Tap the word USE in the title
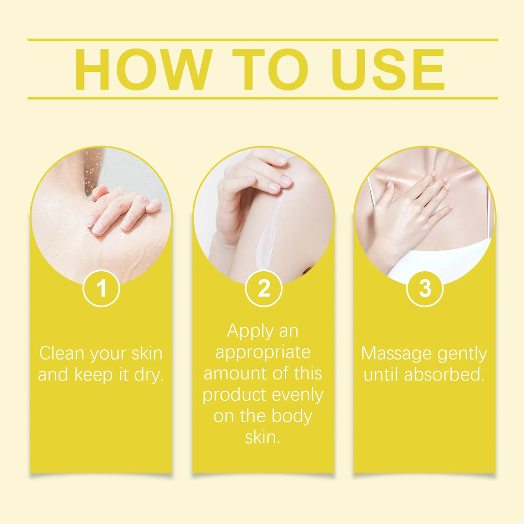click(388, 69)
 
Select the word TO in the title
click(270, 69)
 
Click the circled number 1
click(101, 288)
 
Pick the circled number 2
click(263, 288)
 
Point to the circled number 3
click(425, 288)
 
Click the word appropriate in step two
click(263, 353)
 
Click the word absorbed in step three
click(444, 374)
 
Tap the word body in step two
click(292, 416)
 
